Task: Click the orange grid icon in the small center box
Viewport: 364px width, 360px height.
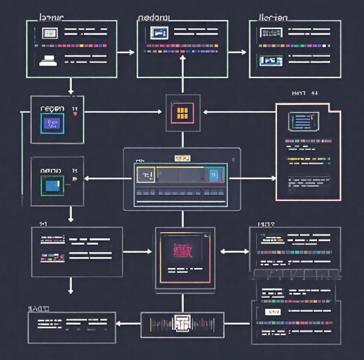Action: pos(183,113)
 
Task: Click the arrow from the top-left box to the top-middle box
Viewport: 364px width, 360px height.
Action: pos(126,52)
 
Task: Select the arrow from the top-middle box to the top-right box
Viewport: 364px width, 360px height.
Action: pos(238,52)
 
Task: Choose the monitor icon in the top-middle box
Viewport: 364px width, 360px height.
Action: pos(160,32)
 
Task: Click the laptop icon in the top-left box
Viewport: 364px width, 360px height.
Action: pos(49,59)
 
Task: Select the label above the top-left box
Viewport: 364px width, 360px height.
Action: pos(52,16)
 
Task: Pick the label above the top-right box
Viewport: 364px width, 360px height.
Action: pos(274,16)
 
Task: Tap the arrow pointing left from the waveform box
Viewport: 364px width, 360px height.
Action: pos(128,323)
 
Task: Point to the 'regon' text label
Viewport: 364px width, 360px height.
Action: pos(52,108)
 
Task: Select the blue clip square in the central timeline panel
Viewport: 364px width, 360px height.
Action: pos(213,175)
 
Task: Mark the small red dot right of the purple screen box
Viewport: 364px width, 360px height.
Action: pos(75,115)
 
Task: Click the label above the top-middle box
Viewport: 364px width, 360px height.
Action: pos(157,16)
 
